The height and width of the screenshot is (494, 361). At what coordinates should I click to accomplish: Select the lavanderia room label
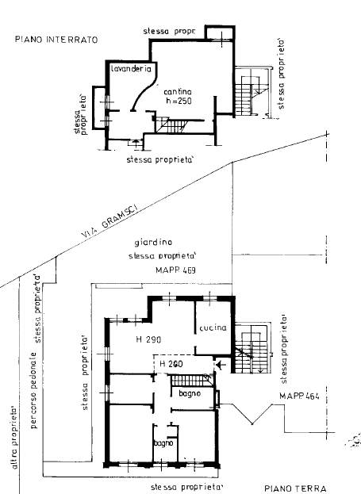tap(131, 70)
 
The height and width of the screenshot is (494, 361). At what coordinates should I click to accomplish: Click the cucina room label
tap(213, 327)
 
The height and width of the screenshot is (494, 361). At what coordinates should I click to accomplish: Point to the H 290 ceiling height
tap(148, 339)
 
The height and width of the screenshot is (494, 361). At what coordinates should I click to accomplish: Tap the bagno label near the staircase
tap(190, 394)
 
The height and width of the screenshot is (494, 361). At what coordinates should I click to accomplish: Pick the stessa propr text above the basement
tap(169, 31)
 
